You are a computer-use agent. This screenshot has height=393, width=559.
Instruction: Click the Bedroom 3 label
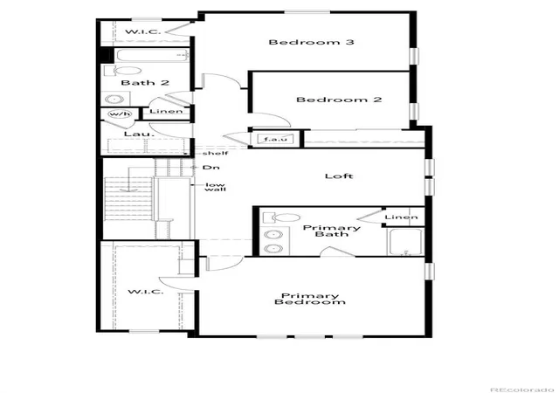pyautogui.click(x=311, y=42)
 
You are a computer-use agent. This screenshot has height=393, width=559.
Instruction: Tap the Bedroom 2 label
pyautogui.click(x=339, y=100)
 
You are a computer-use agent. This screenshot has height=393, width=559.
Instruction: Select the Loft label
pyautogui.click(x=339, y=176)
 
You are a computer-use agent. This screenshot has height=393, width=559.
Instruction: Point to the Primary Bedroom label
pyautogui.click(x=310, y=299)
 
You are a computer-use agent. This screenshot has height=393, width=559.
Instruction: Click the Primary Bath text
pyautogui.click(x=332, y=231)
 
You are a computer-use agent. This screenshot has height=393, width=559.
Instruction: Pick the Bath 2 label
pyautogui.click(x=145, y=83)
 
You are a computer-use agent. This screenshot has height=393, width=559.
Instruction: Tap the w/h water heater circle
pyautogui.click(x=121, y=114)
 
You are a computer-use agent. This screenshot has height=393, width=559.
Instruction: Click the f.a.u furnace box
pyautogui.click(x=275, y=139)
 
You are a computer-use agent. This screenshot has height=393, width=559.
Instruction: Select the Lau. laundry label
pyautogui.click(x=134, y=134)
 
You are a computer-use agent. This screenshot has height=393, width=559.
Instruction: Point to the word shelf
pyautogui.click(x=216, y=154)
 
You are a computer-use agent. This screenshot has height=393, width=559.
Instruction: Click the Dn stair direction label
pyautogui.click(x=211, y=168)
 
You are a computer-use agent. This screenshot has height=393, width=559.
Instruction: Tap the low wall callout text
pyautogui.click(x=216, y=187)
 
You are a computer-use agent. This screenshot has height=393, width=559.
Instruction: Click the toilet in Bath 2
pyautogui.click(x=123, y=71)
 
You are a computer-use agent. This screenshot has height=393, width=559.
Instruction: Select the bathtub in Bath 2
pyautogui.click(x=152, y=55)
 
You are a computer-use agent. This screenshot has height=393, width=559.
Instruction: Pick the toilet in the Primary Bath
pyautogui.click(x=281, y=217)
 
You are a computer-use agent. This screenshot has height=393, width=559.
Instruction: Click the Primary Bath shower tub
pyautogui.click(x=405, y=242)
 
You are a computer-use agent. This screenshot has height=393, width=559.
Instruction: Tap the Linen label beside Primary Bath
pyautogui.click(x=402, y=217)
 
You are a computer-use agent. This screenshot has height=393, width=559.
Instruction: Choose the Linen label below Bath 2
pyautogui.click(x=166, y=111)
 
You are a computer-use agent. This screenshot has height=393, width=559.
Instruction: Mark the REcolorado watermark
pyautogui.click(x=524, y=390)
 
